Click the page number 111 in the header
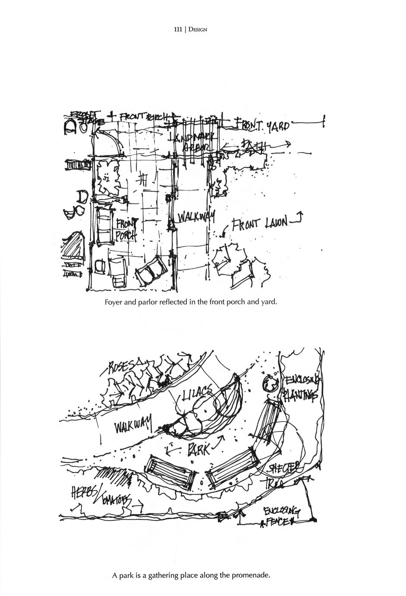[177, 30]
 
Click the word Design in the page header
[198, 30]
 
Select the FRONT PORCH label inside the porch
[127, 230]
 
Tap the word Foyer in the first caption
[113, 302]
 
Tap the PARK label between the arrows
[198, 450]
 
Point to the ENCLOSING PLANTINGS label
[301, 387]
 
